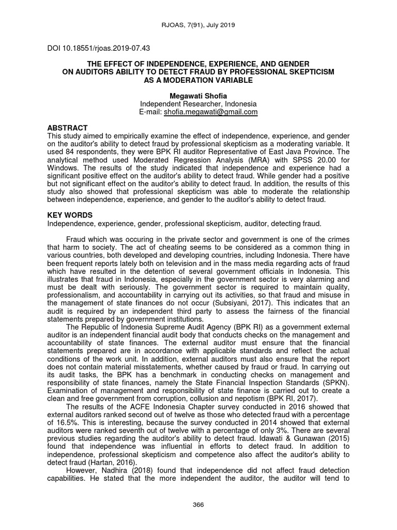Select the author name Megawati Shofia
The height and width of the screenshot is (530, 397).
(198, 96)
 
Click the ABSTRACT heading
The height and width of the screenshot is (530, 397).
(67, 128)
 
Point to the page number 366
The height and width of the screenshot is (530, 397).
(198, 505)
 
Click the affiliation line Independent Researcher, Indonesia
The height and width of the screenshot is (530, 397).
(198, 104)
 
